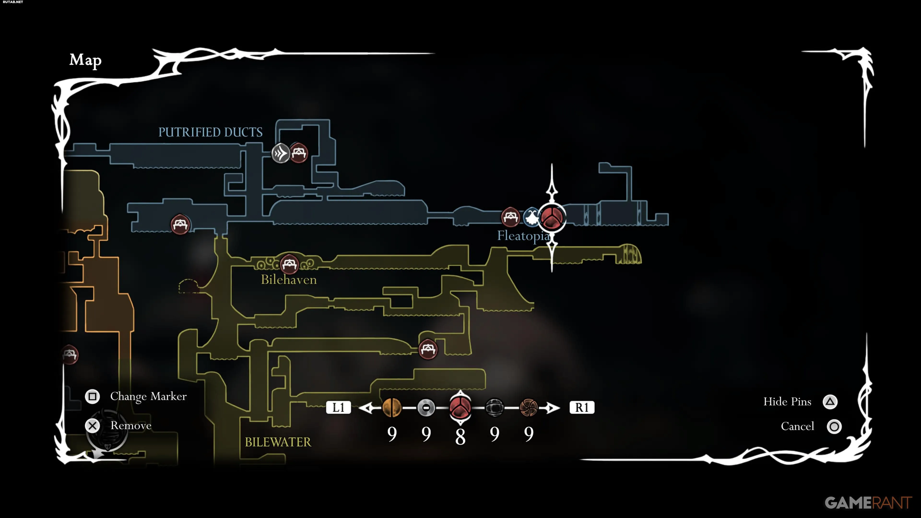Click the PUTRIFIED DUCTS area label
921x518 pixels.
click(210, 132)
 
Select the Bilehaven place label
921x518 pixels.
click(289, 280)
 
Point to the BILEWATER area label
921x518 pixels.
click(278, 442)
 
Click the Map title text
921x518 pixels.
click(85, 60)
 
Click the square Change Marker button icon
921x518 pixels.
click(92, 396)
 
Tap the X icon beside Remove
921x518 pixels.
click(93, 426)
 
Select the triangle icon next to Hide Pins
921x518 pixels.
click(830, 402)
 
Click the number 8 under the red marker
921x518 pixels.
click(460, 436)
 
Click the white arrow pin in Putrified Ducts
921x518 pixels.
click(281, 153)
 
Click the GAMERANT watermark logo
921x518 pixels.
click(868, 503)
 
